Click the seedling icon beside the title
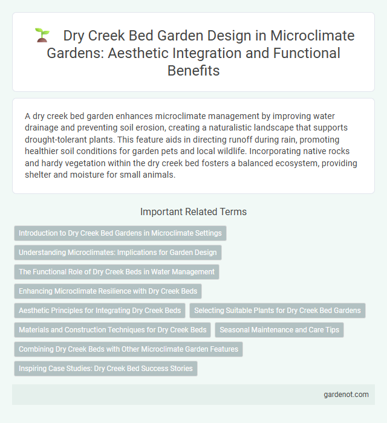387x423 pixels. tap(42, 35)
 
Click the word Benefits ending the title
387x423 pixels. tap(193, 71)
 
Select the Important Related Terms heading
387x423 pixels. tap(193, 211)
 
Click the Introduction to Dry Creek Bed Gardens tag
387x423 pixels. tap(120, 233)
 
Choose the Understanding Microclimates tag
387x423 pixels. tap(118, 253)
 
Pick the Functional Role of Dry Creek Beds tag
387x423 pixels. tap(117, 272)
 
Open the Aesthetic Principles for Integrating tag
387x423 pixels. tap(100, 311)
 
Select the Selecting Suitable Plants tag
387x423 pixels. tap(278, 311)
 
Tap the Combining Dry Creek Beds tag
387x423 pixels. tap(128, 349)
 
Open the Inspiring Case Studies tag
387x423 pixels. tap(106, 369)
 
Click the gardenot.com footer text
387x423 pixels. tap(346, 394)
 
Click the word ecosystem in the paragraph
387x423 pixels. tap(244, 163)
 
